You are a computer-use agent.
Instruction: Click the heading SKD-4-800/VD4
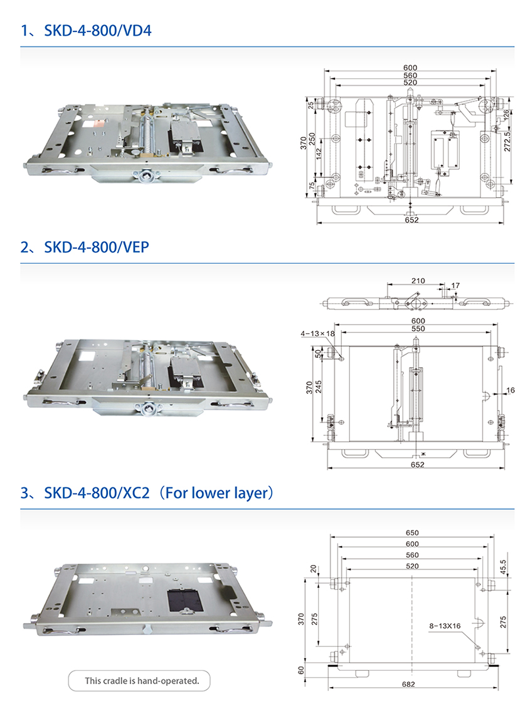98,31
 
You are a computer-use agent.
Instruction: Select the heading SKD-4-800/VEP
96,247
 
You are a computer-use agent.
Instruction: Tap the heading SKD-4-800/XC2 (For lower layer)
159,493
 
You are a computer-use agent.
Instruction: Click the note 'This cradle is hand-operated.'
142,681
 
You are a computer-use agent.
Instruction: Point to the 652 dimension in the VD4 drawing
411,220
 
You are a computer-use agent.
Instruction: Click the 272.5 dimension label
507,142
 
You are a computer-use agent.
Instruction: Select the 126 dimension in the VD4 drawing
506,115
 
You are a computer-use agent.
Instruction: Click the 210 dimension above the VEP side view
418,281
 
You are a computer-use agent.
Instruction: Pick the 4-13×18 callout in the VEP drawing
317,334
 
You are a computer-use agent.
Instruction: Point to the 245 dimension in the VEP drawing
319,386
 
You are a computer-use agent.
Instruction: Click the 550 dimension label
418,328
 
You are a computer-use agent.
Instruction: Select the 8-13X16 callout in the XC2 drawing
445,626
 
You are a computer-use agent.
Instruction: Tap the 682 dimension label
408,684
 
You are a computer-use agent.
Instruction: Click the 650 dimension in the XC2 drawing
412,532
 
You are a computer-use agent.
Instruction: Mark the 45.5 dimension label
502,567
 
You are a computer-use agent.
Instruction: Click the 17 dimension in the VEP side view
455,286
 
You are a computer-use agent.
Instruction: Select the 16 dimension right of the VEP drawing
511,390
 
